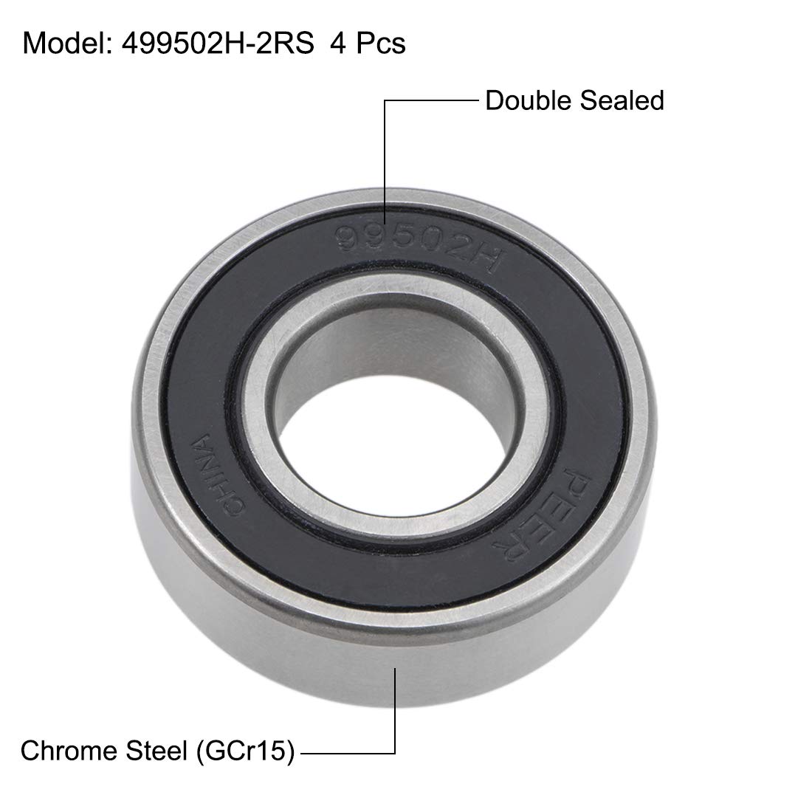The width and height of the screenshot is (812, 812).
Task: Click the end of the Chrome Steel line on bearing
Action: pos(396,669)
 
